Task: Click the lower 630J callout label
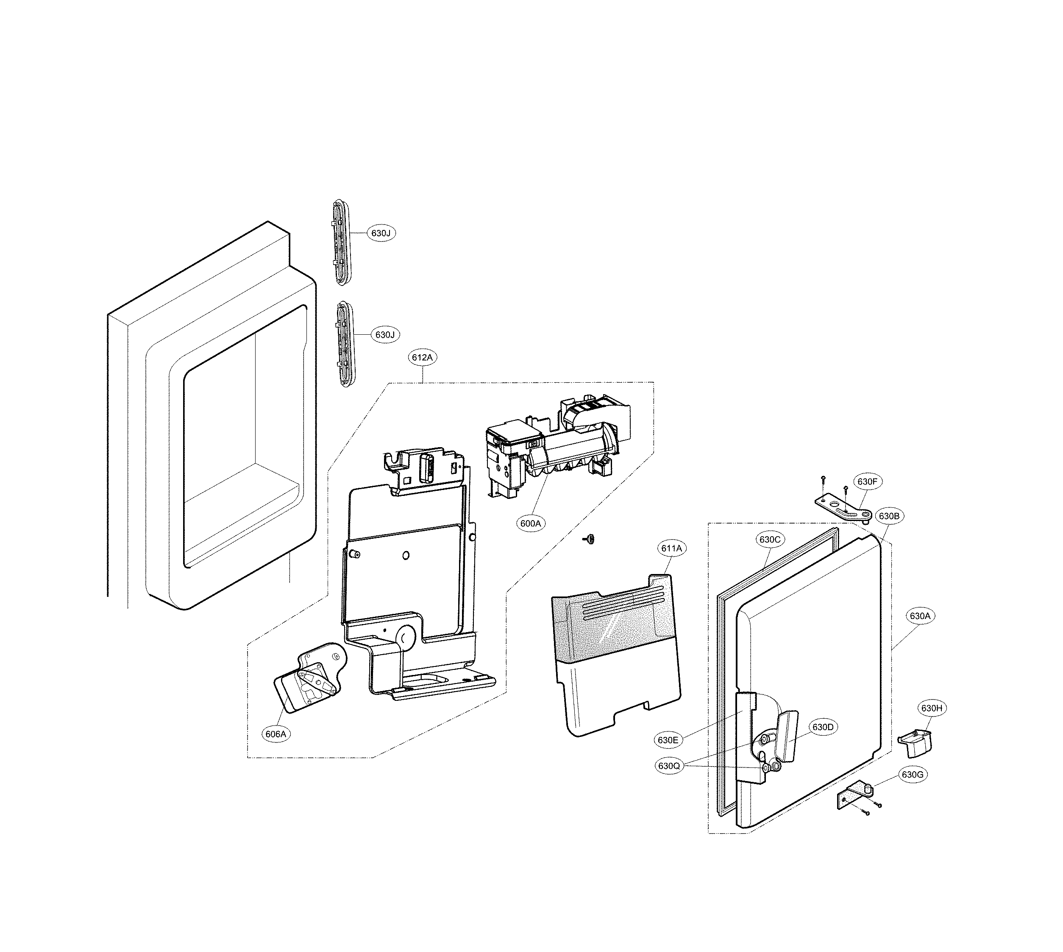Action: (385, 334)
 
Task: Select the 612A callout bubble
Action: (422, 358)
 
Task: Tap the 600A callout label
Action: (531, 523)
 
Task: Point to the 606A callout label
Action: (276, 734)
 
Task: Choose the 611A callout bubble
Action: (671, 548)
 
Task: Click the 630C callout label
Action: (770, 539)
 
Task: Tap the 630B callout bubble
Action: (888, 516)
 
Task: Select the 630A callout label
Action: (920, 616)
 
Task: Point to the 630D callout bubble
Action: (823, 727)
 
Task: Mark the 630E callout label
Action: (668, 740)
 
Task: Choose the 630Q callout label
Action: (669, 766)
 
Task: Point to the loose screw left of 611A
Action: (590, 539)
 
